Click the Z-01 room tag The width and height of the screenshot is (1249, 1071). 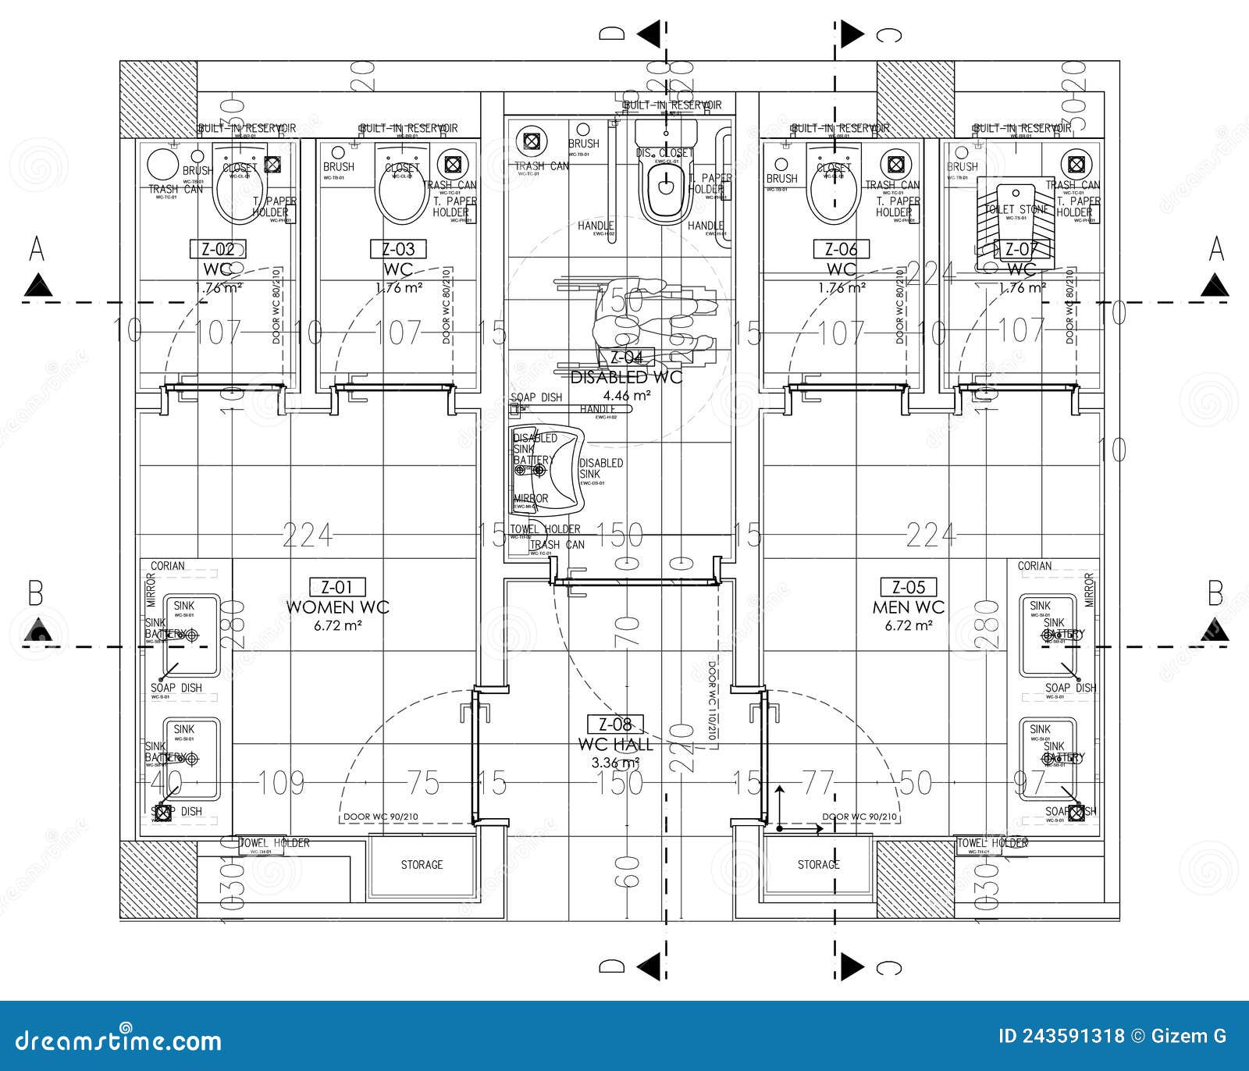(x=337, y=587)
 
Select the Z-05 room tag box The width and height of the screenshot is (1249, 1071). (x=909, y=587)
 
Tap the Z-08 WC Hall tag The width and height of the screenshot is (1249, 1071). (x=615, y=724)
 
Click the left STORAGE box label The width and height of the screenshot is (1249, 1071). (x=422, y=865)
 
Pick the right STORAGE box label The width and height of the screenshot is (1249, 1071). (x=818, y=865)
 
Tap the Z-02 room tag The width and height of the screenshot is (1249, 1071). (x=219, y=250)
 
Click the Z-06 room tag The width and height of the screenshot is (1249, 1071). (x=842, y=250)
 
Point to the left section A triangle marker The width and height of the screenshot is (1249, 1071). (x=37, y=286)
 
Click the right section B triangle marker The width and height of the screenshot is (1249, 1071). (x=1214, y=628)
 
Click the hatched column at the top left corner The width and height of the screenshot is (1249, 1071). (x=158, y=99)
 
